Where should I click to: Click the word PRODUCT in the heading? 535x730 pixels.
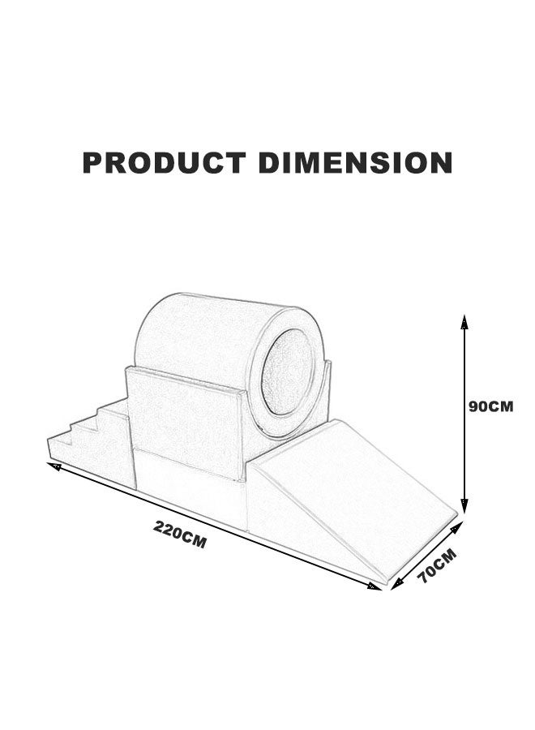click(165, 162)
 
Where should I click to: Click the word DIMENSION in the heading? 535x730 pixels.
click(355, 162)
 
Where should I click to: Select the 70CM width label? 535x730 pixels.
click(436, 565)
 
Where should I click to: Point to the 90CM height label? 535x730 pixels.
click(490, 406)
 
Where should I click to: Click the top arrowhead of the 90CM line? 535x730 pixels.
click(464, 321)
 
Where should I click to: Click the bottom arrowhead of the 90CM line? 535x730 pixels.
click(464, 505)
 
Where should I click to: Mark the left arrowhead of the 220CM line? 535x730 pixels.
click(54, 466)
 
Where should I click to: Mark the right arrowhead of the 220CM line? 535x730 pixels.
click(374, 586)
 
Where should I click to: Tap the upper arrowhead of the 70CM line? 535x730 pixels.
click(457, 527)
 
